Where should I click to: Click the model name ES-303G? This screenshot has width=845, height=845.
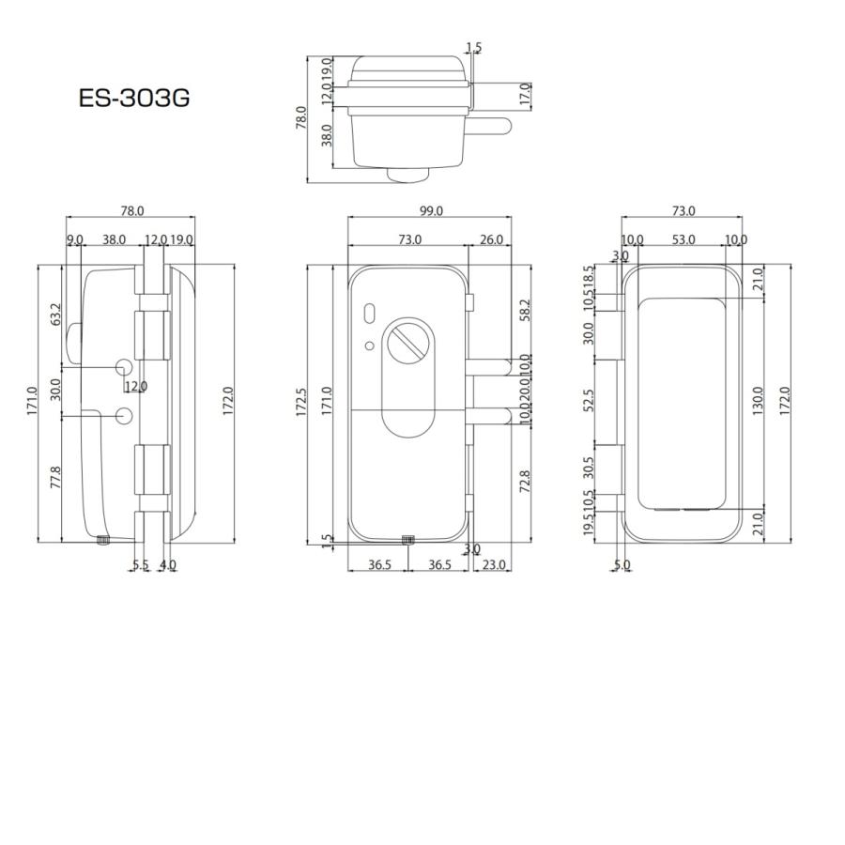tap(134, 98)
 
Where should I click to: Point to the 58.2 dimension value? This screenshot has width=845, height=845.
tap(525, 311)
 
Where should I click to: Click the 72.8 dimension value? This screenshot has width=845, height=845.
tap(525, 482)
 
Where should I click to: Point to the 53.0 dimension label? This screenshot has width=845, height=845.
tap(684, 240)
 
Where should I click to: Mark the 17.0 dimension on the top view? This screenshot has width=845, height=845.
tap(525, 94)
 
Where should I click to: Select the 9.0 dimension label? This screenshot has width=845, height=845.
tap(75, 240)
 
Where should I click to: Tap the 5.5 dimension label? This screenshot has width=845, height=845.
tap(140, 565)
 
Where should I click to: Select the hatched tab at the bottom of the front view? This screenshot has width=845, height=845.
tap(408, 540)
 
